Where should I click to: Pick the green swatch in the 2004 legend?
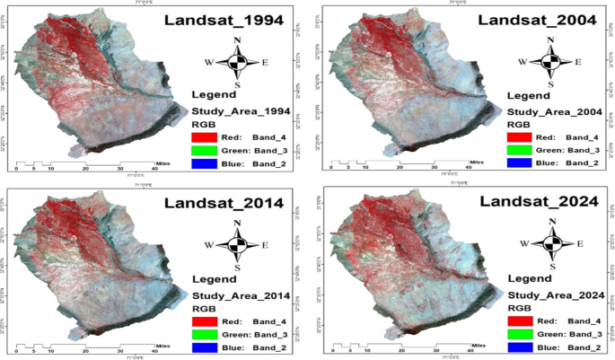coord(518,150)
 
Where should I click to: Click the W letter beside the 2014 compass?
coord(210,244)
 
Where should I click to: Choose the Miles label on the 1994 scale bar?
coord(163,162)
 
